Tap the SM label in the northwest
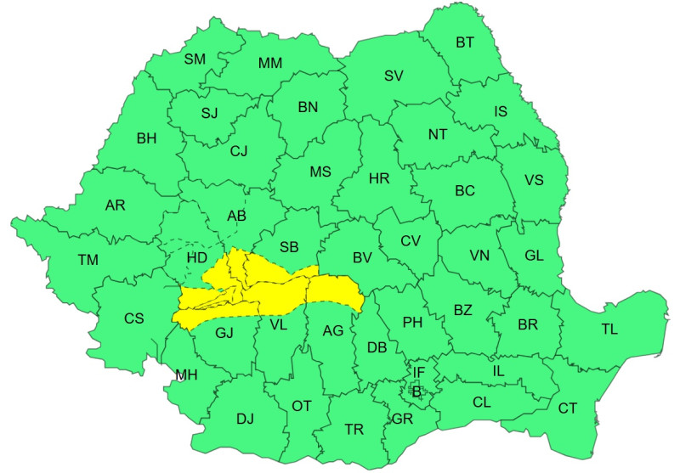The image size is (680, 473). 195,59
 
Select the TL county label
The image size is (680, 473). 609,329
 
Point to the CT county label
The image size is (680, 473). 568,408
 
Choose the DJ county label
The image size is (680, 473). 246,418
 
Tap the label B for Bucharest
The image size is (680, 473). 416,391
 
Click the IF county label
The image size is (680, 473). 418,372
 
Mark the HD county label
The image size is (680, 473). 196,256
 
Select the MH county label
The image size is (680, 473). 185,374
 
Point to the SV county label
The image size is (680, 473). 393,76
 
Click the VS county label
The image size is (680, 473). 534,180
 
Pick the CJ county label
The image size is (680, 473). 239,151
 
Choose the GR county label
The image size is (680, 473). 403,419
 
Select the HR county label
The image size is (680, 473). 379,179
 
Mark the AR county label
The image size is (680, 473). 116,206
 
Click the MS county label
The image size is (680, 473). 320,172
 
